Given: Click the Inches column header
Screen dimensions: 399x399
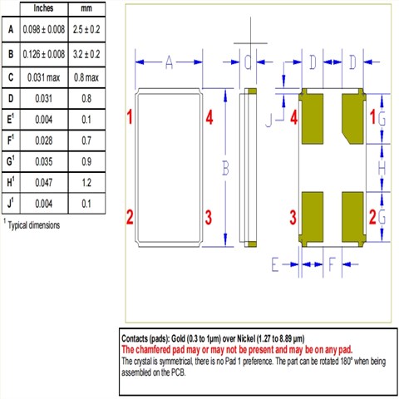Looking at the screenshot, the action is pos(43,8).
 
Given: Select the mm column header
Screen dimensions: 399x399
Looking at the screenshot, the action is pos(86,8).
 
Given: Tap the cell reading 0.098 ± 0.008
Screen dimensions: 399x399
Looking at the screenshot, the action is pos(44,29).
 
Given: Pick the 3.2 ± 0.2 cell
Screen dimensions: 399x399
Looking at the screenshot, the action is pos(86,54).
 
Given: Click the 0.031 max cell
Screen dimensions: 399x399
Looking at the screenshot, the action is pos(44,77).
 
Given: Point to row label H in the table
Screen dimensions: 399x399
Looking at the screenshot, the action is pos(11,182).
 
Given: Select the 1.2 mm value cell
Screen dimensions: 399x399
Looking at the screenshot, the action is pos(86,183).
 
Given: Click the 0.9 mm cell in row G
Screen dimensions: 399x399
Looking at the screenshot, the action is pos(86,161).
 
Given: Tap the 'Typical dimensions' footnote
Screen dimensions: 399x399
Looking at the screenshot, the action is pos(34,225).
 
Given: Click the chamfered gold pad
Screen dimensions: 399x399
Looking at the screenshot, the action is pos(352,119).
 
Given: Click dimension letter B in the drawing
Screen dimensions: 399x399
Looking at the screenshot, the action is pos(225,168).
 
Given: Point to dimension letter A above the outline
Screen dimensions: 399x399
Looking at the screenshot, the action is pos(169,62).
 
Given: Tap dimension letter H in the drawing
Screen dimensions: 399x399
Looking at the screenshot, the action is pos(382,168).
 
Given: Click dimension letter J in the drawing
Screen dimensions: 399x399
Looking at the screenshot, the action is pos(268,121).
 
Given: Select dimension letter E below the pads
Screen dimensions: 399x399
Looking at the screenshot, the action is pos(274,264).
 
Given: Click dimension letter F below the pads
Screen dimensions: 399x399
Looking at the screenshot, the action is pos(332,264).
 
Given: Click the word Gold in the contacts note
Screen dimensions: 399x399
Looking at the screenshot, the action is pos(179,338).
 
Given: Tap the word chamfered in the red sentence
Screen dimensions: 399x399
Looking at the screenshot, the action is pos(153,350).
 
